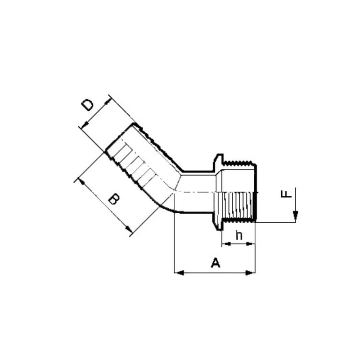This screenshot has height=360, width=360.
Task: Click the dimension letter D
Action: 88,105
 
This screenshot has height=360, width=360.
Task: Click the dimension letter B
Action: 114,199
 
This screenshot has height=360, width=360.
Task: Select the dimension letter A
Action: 216,263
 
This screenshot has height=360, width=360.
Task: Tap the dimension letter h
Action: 239,235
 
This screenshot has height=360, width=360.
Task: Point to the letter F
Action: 286,193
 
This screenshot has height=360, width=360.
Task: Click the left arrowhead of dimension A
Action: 179,273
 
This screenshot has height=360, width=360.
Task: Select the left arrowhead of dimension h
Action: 226,244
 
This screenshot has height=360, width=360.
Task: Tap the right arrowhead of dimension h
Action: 251,244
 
